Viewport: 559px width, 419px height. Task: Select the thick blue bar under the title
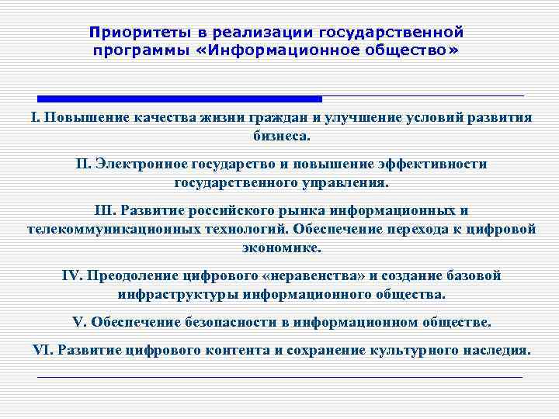pyautogui.click(x=180, y=99)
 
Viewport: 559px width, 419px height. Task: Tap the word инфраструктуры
pyautogui.click(x=178, y=294)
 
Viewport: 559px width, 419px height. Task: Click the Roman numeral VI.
pyautogui.click(x=40, y=349)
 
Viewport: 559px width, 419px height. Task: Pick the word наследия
pyautogui.click(x=494, y=349)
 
